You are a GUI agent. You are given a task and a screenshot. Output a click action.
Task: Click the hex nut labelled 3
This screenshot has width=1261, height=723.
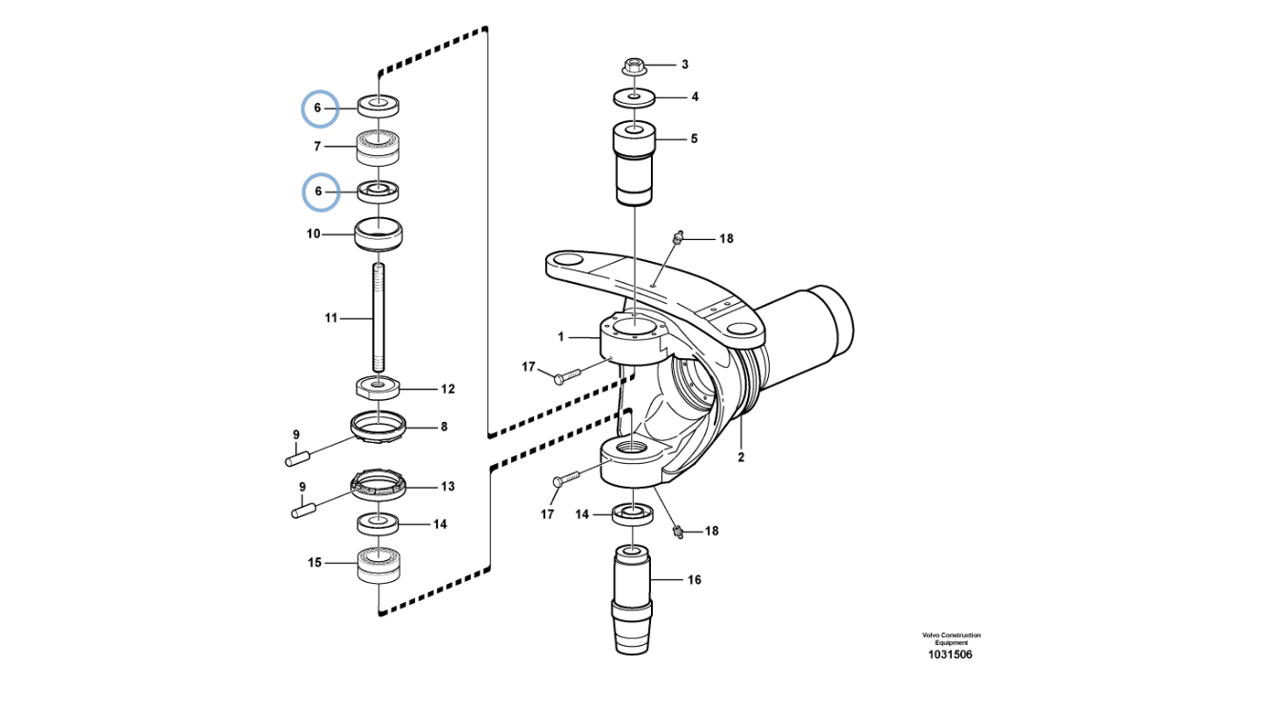point(634,66)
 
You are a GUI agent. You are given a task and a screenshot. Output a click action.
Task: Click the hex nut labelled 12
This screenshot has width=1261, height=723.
point(378,388)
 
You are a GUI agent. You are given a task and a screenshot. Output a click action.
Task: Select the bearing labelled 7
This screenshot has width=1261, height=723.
point(378,147)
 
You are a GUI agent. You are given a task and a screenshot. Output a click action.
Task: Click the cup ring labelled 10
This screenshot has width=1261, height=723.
point(378,233)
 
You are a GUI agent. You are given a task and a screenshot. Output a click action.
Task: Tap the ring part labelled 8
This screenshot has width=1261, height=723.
point(378,426)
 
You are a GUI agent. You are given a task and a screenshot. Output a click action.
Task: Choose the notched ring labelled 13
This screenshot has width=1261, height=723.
point(379,485)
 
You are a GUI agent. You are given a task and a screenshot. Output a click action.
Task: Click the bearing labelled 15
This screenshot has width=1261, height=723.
point(378,564)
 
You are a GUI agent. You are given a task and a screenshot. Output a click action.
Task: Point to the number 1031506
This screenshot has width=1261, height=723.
point(951,654)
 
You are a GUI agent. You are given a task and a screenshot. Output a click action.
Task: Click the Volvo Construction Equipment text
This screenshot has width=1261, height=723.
point(951,638)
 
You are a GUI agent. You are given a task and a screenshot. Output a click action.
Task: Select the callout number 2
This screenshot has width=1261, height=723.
point(740,457)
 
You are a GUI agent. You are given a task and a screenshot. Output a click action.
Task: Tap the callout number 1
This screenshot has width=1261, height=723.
point(562,336)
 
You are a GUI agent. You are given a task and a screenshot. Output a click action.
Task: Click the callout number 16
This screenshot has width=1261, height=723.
point(694,579)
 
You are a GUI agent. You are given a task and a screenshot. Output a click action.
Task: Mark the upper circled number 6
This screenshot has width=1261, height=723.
point(318,108)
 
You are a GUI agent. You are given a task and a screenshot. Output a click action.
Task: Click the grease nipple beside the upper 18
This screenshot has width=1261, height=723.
point(677,237)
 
